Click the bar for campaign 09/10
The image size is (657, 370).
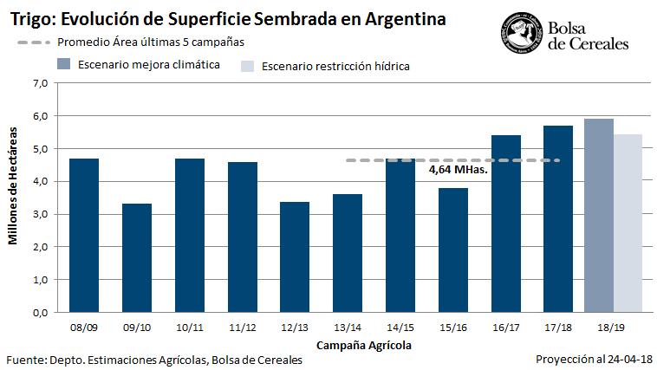136,257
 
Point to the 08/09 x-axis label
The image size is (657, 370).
83,328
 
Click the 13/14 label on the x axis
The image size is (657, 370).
347,328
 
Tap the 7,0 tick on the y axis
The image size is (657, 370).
39,83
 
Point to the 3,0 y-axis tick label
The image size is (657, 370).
39,214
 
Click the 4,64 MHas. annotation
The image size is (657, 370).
459,170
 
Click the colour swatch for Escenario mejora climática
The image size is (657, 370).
62,64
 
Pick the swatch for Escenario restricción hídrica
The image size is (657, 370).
247,66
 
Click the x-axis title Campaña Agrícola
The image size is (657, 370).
363,345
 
